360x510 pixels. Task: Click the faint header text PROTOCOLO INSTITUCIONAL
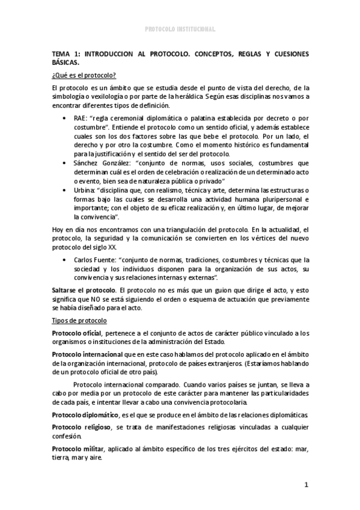(x=180, y=29)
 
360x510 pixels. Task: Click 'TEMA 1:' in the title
(x=65, y=54)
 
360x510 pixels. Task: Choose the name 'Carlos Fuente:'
(x=96, y=259)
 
